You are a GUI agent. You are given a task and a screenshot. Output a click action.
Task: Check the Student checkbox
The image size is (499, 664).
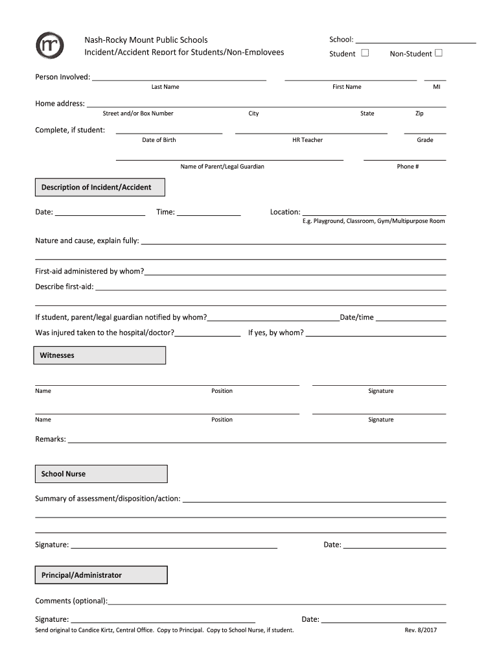[365, 53]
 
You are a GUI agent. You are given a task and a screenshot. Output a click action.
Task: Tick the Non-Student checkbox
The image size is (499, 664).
[439, 53]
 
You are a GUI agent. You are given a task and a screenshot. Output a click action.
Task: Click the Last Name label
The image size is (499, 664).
[165, 87]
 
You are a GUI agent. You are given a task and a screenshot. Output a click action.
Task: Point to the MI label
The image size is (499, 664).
[436, 87]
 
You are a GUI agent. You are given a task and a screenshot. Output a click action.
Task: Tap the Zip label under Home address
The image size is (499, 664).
[419, 113]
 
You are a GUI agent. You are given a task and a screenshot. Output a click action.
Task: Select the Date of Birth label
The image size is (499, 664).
[159, 140]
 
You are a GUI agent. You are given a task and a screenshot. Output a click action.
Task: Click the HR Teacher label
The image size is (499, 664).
[307, 140]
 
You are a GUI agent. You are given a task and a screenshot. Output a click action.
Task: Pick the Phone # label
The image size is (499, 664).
[408, 167]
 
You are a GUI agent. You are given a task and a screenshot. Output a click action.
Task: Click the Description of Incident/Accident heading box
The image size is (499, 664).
[99, 187]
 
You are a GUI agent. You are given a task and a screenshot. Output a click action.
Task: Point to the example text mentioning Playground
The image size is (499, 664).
[373, 221]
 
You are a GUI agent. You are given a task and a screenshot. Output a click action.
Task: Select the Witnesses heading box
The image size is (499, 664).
[99, 355]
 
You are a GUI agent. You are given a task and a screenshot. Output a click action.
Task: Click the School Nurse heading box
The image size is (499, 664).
[101, 474]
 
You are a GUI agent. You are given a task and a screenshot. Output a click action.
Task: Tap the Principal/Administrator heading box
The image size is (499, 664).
[101, 575]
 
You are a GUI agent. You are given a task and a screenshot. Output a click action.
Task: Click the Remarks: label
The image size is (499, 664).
[51, 440]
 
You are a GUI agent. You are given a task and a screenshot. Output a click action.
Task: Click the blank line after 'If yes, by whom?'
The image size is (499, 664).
[376, 335]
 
